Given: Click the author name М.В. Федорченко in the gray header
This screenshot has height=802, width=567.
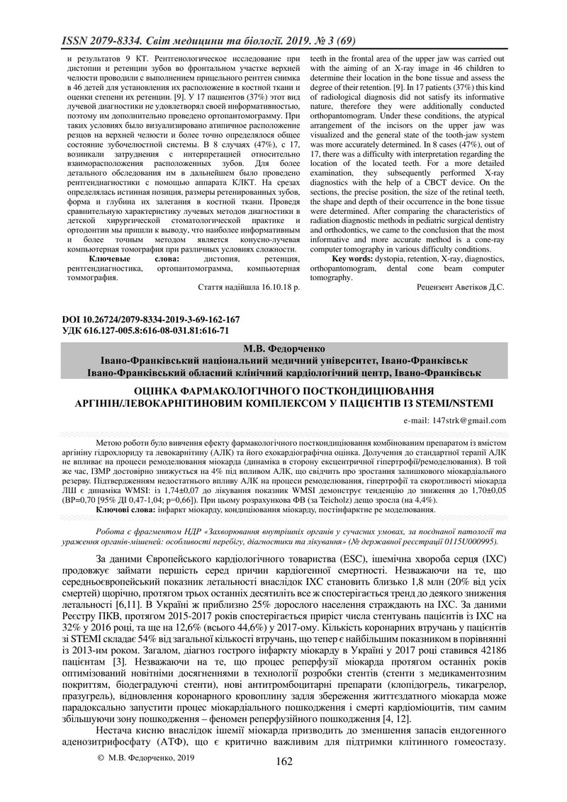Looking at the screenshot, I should click(283, 349).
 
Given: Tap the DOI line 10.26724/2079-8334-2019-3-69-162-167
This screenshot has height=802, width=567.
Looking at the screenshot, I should click(154, 320).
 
